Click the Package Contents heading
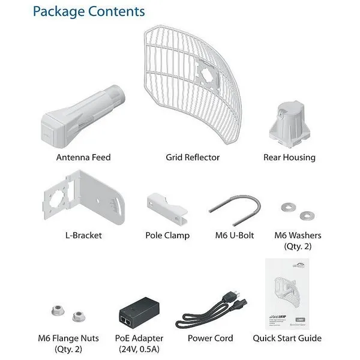89,11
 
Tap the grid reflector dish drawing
192,84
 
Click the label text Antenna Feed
83,157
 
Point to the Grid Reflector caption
193,157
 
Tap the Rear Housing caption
289,157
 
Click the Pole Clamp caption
167,235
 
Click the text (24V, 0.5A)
139,349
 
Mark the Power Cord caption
210,338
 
